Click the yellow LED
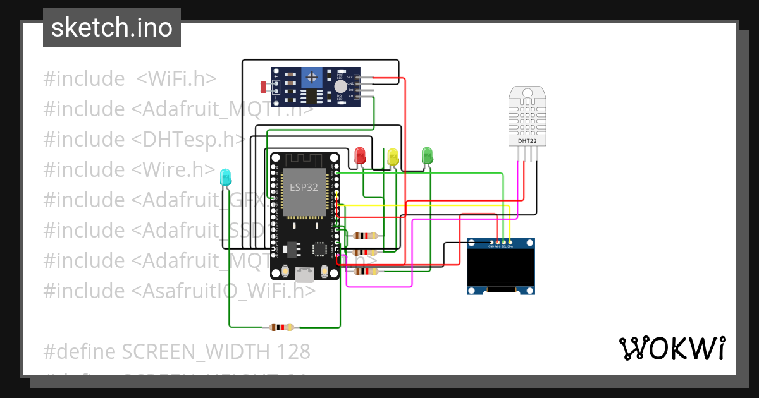[x=393, y=157]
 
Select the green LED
[x=427, y=155]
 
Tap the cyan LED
[x=225, y=178]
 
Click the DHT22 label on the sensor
[x=528, y=141]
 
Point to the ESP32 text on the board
[x=304, y=188]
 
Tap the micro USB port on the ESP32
[x=305, y=274]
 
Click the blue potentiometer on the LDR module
[x=311, y=78]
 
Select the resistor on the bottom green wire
[x=281, y=327]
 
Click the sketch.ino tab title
[x=112, y=28]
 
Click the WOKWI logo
[x=672, y=348]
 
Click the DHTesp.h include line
[x=144, y=140]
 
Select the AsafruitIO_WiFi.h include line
[x=179, y=291]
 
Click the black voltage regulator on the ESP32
[x=292, y=251]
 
